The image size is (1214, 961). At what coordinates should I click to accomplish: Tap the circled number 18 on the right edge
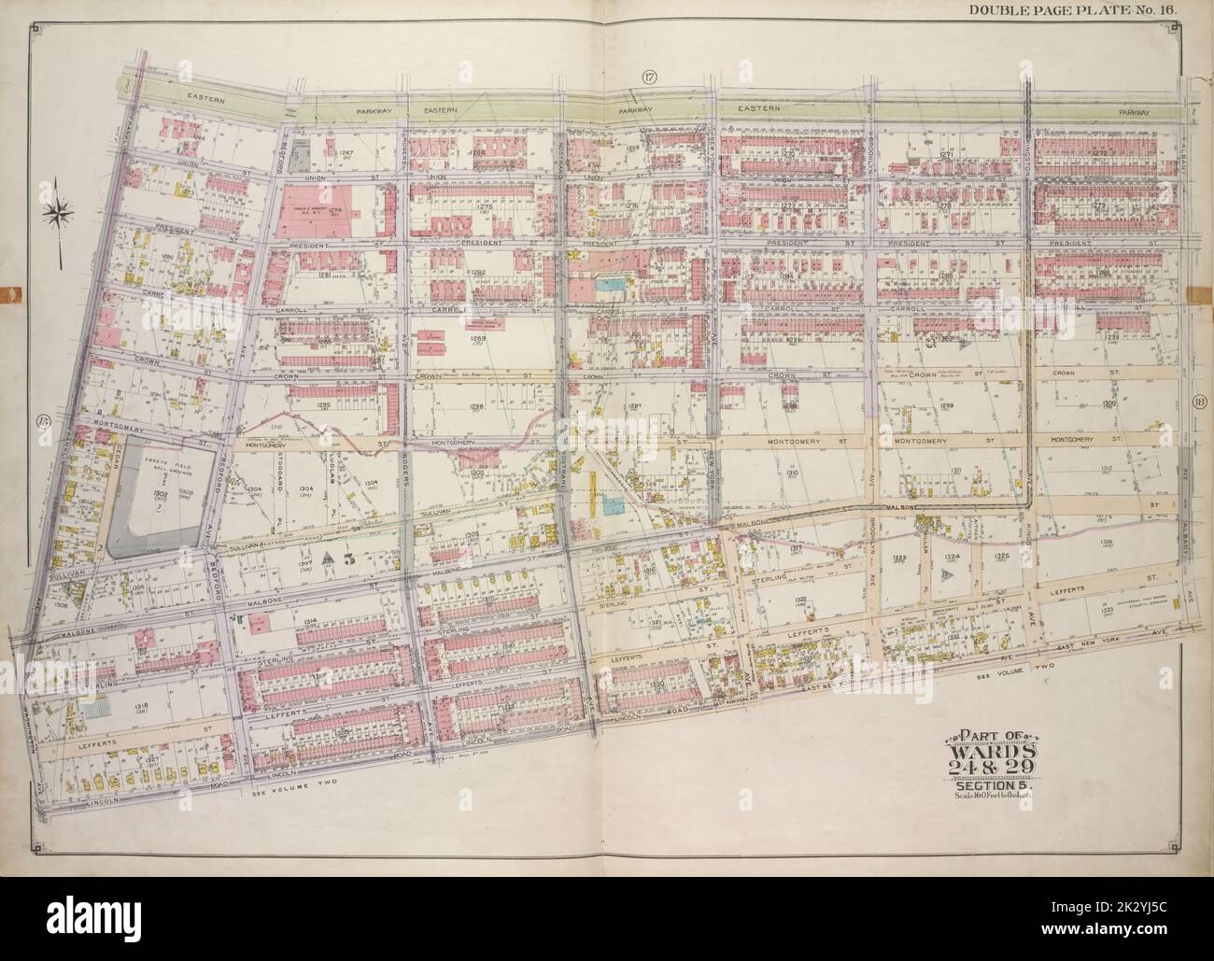(1200, 403)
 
